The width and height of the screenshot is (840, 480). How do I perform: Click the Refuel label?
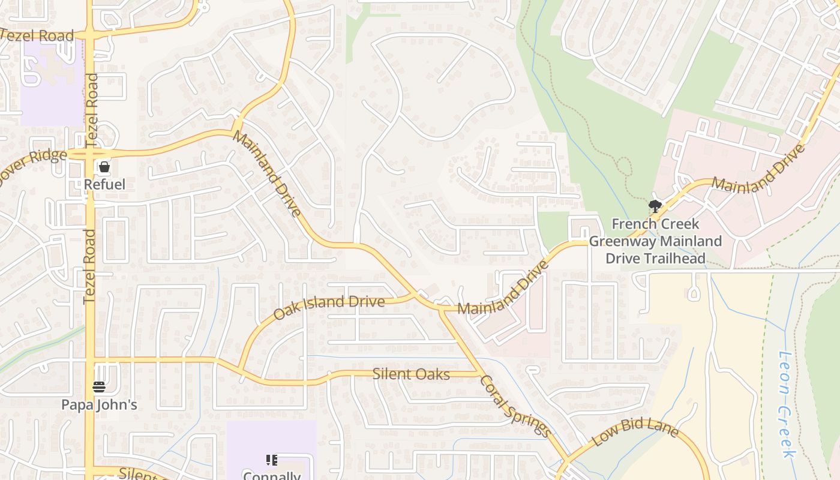[104, 184]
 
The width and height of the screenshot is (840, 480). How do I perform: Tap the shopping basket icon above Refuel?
[104, 167]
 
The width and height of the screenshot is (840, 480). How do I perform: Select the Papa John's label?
[99, 405]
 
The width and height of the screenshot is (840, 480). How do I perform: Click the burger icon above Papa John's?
[99, 387]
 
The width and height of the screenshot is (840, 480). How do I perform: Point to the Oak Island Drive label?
[329, 307]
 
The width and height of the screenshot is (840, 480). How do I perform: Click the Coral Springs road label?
[515, 406]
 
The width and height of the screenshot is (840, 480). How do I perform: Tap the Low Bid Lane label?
[635, 433]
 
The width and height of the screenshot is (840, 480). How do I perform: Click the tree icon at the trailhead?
[655, 207]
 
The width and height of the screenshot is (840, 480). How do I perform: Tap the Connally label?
[272, 476]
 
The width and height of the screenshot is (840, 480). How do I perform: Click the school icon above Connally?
[272, 460]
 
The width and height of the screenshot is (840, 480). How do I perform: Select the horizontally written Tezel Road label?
[37, 35]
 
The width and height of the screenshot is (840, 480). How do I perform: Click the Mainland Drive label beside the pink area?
[757, 169]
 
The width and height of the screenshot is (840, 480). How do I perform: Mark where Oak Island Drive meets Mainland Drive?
[416, 295]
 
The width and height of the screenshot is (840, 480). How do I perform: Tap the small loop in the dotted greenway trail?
[624, 166]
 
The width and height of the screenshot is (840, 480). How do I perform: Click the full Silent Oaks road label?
[411, 374]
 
